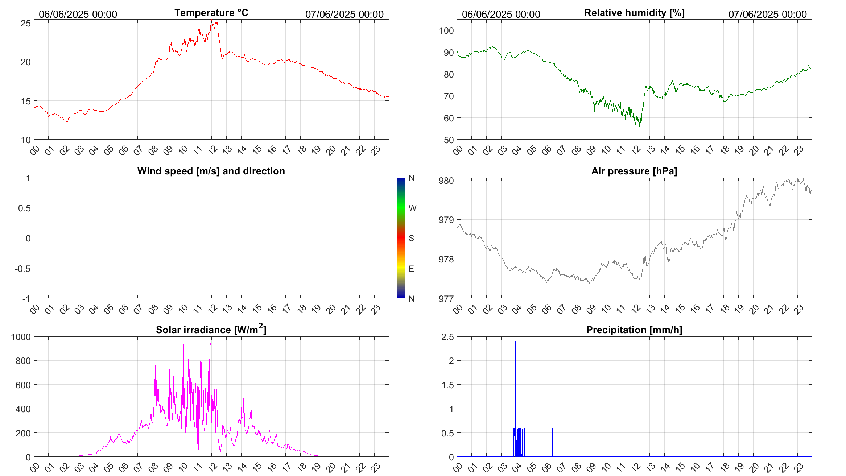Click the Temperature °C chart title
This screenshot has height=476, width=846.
coord(211,13)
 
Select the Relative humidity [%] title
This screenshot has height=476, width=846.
coord(634,13)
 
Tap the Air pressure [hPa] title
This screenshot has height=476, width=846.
coord(634,171)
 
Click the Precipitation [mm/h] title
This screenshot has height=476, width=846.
coord(634,330)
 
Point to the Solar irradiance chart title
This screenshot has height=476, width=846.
coord(211,330)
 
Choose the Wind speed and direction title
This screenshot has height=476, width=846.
coord(211,171)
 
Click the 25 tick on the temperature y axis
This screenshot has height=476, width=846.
coord(26,23)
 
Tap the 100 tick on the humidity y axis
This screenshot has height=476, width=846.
coord(446,30)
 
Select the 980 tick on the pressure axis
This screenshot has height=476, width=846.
coord(446,181)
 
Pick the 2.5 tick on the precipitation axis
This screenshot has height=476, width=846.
coord(447,337)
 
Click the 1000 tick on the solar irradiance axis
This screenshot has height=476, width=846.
coord(21,337)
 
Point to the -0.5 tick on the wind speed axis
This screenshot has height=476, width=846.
coord(22,269)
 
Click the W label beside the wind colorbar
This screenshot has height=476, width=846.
coord(412,208)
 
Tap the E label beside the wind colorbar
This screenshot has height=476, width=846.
coord(411,269)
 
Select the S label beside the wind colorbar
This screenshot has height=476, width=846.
coord(411,238)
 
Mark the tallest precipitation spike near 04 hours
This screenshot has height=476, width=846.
coord(515,343)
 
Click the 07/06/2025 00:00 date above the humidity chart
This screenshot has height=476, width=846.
coord(767,14)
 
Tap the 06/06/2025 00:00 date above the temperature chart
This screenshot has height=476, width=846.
coord(78,14)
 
